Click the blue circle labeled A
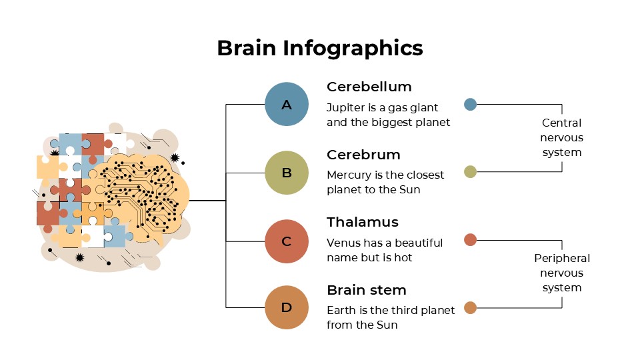[287, 104]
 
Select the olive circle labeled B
[287, 173]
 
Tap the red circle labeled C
[287, 241]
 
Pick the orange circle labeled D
[287, 307]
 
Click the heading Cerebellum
[369, 87]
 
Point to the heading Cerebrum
[363, 155]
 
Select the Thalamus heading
[362, 222]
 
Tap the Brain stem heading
[366, 290]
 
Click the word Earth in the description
[340, 310]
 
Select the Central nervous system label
[561, 137]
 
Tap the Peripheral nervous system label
[561, 273]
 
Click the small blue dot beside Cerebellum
[470, 104]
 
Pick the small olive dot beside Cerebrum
[470, 171]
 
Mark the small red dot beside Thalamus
[470, 240]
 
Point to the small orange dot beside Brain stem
[470, 307]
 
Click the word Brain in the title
[246, 48]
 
